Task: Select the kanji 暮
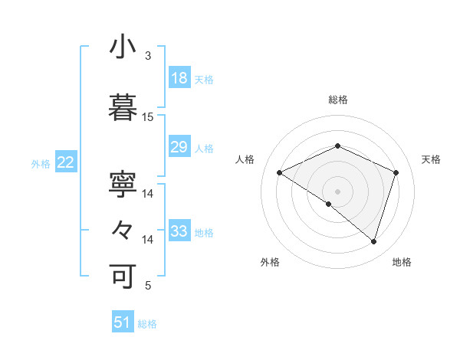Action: [123, 109]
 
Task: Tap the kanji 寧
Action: [123, 186]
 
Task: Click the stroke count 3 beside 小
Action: [148, 56]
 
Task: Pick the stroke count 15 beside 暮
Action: [148, 117]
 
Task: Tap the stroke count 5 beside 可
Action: [148, 286]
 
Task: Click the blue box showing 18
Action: [179, 78]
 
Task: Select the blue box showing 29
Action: [179, 147]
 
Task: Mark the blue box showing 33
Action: [179, 231]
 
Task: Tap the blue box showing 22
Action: [66, 162]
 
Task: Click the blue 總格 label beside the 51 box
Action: [147, 324]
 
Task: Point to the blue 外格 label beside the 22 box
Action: [41, 163]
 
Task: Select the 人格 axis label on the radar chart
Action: [245, 159]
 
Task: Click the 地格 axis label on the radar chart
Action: [402, 262]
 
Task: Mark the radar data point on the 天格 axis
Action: [396, 172]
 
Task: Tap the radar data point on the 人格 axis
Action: [280, 173]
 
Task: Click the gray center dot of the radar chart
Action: [337, 191]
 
